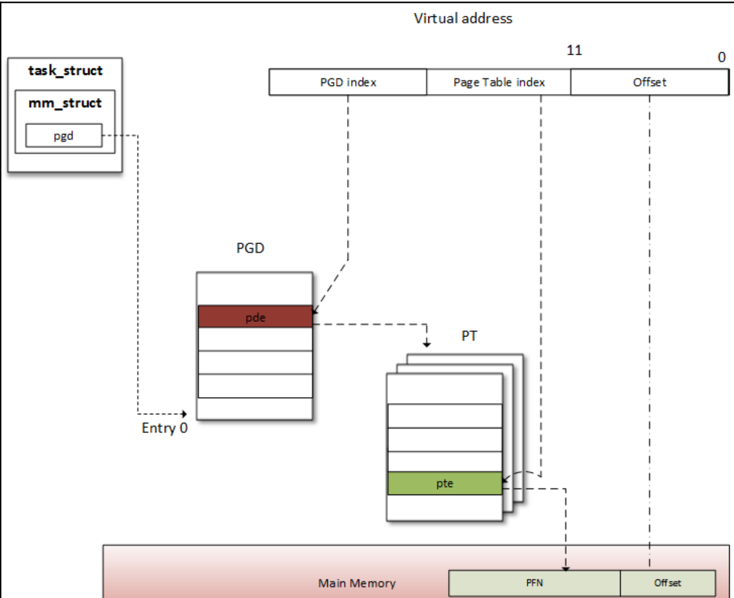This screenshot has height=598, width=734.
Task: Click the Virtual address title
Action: click(x=463, y=19)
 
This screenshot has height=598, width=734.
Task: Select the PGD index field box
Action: click(x=348, y=82)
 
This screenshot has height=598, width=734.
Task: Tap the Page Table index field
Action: click(x=498, y=82)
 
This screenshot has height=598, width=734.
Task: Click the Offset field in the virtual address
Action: click(x=649, y=82)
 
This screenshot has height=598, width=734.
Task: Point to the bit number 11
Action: click(x=574, y=50)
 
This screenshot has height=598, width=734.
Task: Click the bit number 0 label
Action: click(x=721, y=58)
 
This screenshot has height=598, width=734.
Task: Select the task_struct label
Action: click(x=65, y=71)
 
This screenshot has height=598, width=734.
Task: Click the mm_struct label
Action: click(x=65, y=103)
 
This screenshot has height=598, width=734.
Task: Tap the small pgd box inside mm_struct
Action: click(x=64, y=136)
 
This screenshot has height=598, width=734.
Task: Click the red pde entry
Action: click(x=255, y=317)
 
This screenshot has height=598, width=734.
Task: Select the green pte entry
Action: click(x=445, y=483)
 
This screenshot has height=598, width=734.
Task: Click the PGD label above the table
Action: click(x=250, y=248)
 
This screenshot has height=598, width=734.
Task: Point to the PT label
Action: click(x=469, y=336)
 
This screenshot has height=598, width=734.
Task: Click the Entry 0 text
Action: click(x=164, y=428)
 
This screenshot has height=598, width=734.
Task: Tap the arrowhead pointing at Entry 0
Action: click(x=184, y=414)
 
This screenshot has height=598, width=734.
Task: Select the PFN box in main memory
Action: click(x=534, y=583)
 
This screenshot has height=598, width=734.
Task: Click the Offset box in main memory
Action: click(x=668, y=583)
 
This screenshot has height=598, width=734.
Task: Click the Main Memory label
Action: click(x=356, y=584)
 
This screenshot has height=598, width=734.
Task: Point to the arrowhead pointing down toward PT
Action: click(x=427, y=344)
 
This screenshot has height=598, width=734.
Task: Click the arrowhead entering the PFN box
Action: click(x=566, y=568)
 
